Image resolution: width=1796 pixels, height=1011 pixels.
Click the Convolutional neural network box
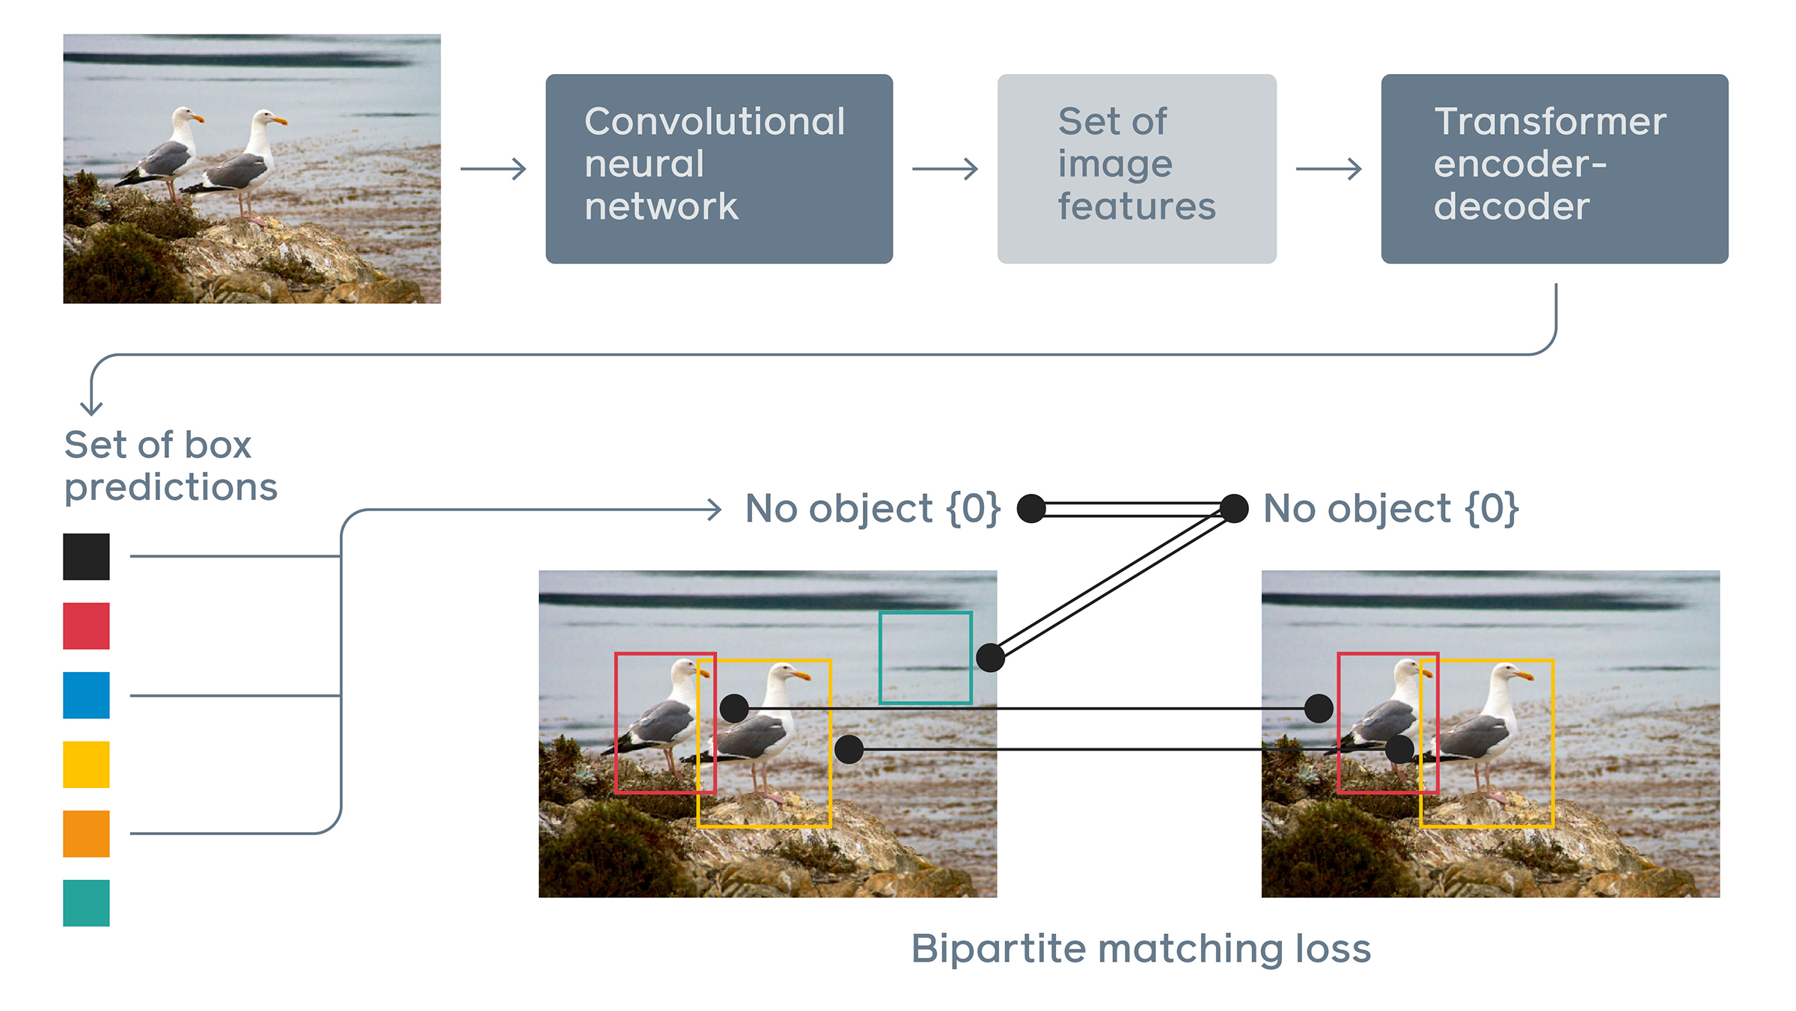[x=718, y=168]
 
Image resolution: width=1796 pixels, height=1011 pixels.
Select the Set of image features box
[x=1136, y=168]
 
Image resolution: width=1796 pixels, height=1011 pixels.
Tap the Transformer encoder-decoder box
[x=1554, y=168]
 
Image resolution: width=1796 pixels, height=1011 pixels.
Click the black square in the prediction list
[x=86, y=556]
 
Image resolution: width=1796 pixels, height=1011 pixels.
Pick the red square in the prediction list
[x=86, y=626]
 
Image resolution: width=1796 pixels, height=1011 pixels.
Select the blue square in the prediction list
[x=86, y=695]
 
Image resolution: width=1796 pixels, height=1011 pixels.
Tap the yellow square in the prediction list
[x=86, y=764]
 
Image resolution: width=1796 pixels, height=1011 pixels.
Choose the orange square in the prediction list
[x=86, y=834]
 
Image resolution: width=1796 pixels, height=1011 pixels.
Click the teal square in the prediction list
[x=86, y=902]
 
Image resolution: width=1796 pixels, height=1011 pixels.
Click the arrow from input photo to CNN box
[x=494, y=169]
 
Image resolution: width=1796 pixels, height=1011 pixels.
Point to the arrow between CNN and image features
[x=945, y=169]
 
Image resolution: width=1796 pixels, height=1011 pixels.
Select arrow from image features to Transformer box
[x=1328, y=169]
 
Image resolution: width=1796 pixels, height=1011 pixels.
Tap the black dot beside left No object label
[x=1031, y=508]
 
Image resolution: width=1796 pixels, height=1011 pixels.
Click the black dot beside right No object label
[x=1234, y=508]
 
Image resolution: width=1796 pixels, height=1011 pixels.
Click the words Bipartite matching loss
[x=1140, y=949]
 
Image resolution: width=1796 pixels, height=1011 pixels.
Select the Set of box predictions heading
[x=171, y=465]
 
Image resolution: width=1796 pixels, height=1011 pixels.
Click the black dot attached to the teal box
[x=990, y=657]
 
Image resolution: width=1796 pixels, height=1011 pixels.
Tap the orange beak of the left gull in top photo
[x=198, y=118]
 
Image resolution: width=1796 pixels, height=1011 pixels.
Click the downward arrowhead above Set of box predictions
[x=91, y=409]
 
